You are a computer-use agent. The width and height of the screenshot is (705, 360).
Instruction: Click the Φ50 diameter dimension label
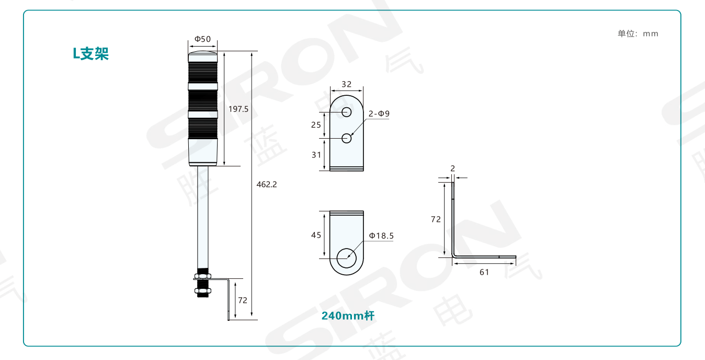[202, 39]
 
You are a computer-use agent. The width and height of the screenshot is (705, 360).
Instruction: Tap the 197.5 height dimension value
[238, 109]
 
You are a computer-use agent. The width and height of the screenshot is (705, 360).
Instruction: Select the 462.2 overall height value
[267, 184]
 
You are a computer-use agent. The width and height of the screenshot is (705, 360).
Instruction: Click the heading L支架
[90, 53]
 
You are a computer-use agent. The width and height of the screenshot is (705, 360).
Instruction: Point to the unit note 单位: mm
[638, 33]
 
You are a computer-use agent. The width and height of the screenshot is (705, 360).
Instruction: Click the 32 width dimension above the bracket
[347, 84]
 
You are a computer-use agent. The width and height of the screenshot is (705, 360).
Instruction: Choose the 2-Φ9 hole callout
[379, 114]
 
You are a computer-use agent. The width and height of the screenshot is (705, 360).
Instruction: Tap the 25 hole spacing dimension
[316, 125]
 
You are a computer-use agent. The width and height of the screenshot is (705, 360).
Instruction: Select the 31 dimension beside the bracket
[316, 155]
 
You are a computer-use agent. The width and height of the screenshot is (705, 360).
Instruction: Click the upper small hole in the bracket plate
[347, 112]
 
